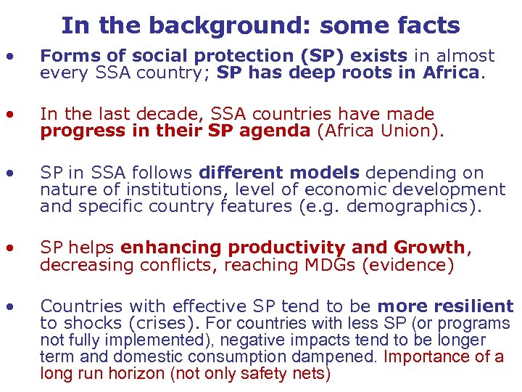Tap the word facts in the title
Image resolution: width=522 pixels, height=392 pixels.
(428, 26)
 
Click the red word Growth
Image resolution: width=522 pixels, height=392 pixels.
(431, 248)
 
